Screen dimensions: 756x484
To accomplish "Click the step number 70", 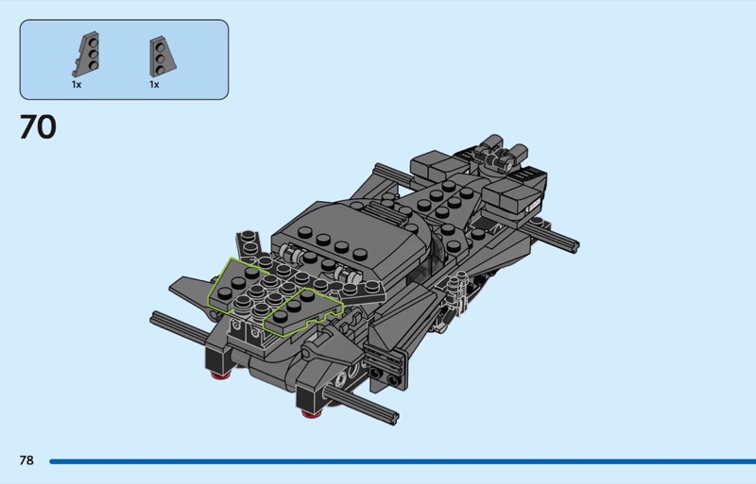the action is pos(38,127).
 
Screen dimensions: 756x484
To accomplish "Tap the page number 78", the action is pos(26,460).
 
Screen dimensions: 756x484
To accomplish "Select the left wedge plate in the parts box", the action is pos(87,54).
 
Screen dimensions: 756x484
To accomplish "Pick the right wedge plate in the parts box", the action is pos(162,57).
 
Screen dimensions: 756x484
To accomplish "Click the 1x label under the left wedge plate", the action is pos(77,85).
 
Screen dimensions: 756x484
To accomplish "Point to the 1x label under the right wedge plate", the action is pos(154,85).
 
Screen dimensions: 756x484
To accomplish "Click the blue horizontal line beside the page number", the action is pos(403,461).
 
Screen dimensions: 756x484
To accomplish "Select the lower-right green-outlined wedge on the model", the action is pos(301,312).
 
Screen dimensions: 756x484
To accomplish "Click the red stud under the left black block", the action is pos(220,375).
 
